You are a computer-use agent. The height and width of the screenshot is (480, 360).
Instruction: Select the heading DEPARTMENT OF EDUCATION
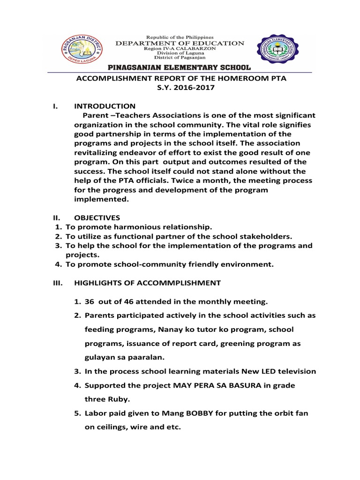pyautogui.click(x=180, y=43)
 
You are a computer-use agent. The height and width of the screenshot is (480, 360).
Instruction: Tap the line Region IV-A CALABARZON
pyautogui.click(x=180, y=49)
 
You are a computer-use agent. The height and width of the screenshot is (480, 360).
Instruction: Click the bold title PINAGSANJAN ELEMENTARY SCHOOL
pyautogui.click(x=180, y=68)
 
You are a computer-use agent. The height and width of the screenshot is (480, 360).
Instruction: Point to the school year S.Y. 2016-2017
pyautogui.click(x=181, y=88)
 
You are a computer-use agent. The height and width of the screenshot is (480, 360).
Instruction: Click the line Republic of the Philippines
pyautogui.click(x=180, y=37)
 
